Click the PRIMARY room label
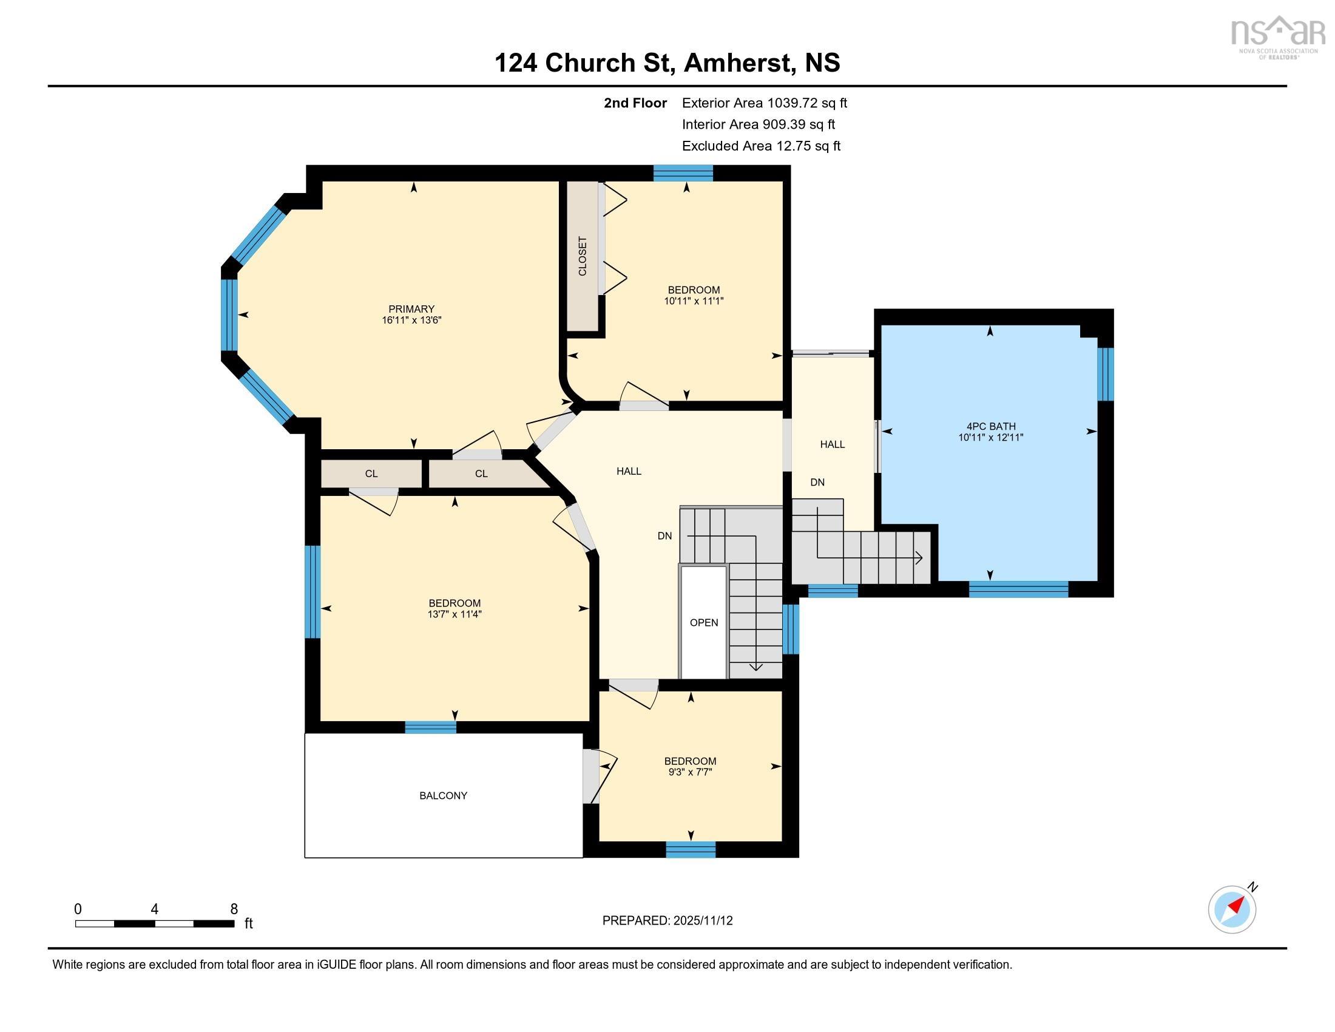click(411, 309)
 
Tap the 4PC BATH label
click(990, 426)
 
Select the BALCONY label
click(443, 795)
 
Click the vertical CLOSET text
click(583, 256)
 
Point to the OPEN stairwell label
click(703, 622)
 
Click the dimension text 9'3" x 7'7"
click(690, 772)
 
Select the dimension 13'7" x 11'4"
click(454, 614)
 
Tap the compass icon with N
click(1232, 909)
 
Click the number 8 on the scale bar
click(234, 909)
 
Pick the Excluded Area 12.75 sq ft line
click(761, 146)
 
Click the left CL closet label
click(371, 474)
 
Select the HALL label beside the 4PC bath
click(832, 444)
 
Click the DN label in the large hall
click(664, 535)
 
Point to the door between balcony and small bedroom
click(591, 776)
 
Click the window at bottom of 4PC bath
click(1018, 589)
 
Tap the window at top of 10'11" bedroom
click(683, 174)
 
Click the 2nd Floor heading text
click(635, 103)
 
